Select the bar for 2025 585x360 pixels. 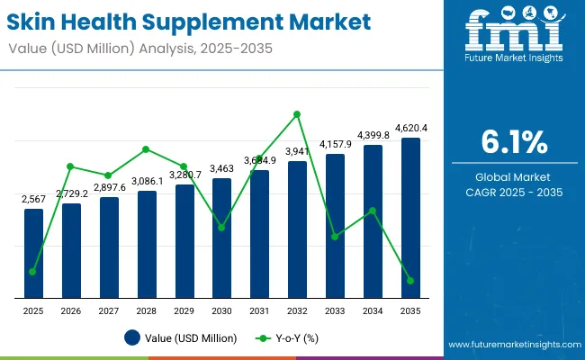coord(33,253)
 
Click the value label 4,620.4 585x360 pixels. coord(410,129)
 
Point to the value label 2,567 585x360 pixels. coord(33,199)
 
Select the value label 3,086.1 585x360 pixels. coord(147,181)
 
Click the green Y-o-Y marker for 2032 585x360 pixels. coord(297,114)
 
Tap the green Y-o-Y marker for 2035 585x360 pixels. coord(410,281)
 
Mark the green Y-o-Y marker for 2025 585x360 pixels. coord(33,272)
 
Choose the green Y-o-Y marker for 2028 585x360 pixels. coord(147,149)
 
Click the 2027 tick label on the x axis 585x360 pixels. coord(109,310)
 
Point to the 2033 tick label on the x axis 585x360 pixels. coord(335,310)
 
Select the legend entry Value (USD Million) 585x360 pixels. coord(181,338)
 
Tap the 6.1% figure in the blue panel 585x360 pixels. coord(513,142)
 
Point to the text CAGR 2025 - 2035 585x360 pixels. coord(513,193)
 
